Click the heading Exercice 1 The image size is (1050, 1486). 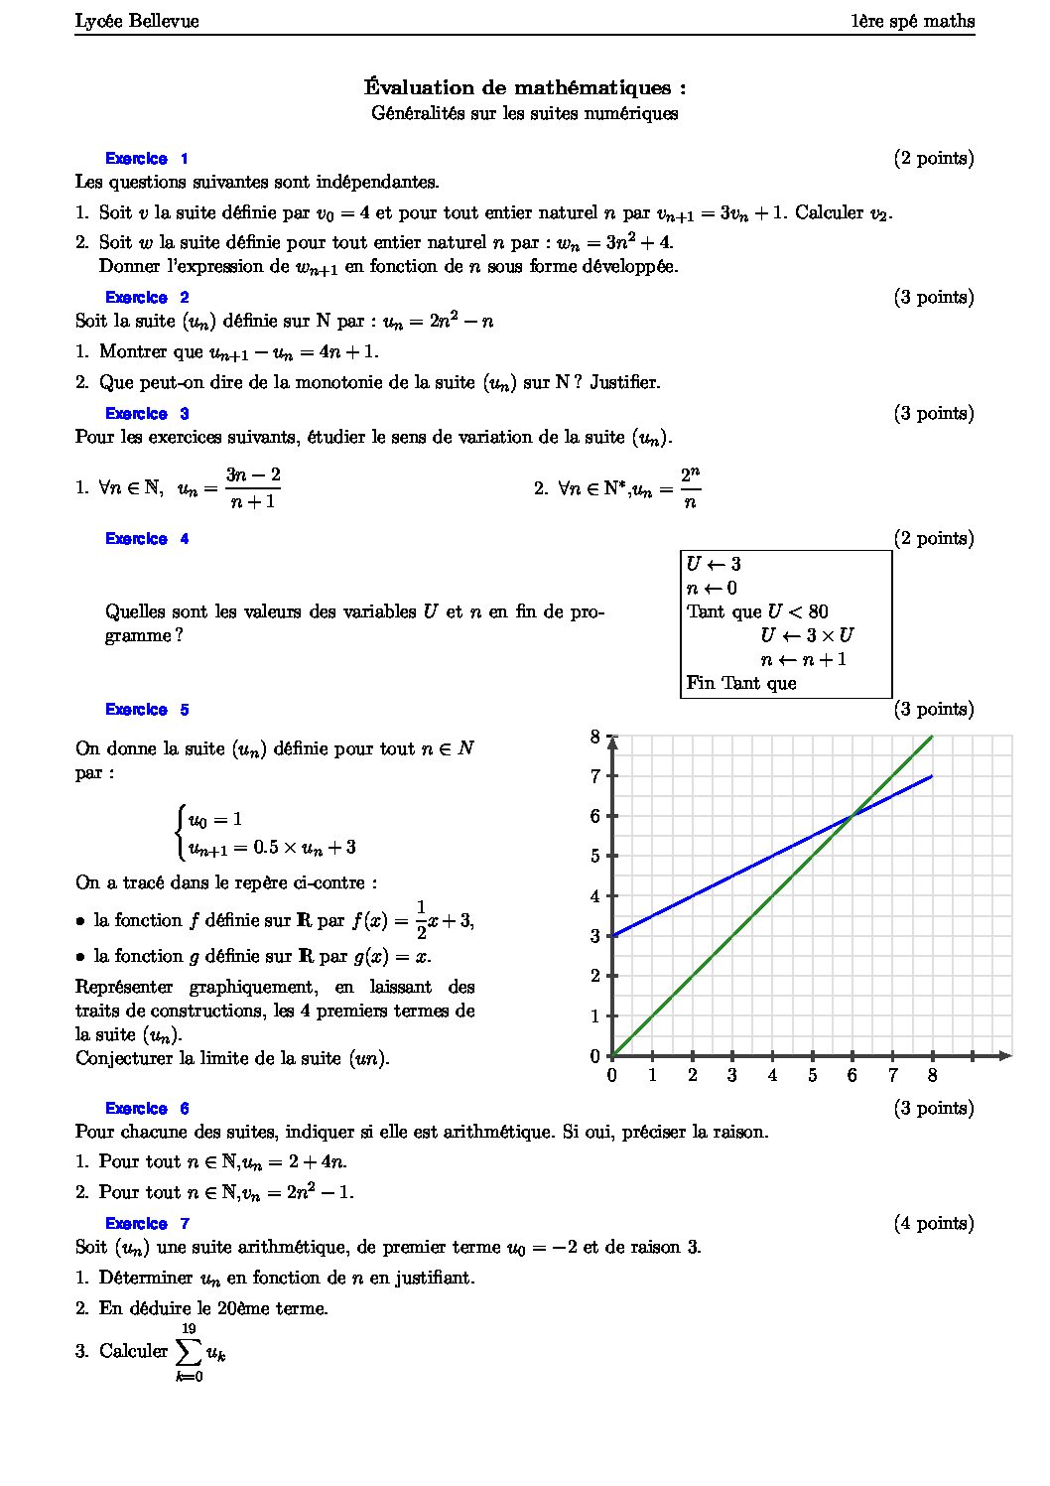point(146,159)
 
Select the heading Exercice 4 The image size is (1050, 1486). point(146,539)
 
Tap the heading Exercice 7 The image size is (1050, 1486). point(146,1224)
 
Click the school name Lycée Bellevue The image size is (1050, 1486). point(137,21)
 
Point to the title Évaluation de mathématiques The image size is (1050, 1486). point(525,87)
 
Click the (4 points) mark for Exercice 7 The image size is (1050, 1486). point(933,1224)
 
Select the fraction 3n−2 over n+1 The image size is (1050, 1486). point(252,488)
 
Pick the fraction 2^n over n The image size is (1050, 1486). point(691,488)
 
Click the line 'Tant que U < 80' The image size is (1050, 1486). point(757,611)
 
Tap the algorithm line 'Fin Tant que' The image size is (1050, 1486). point(741,683)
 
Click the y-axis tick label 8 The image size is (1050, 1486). point(595,737)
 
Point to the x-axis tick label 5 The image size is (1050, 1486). point(812,1076)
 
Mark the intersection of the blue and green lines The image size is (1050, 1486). point(853,816)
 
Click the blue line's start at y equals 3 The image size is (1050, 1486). point(613,935)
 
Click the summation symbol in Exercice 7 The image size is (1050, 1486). point(189,1351)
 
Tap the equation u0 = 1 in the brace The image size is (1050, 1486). point(215,820)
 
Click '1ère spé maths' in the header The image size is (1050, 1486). point(912,21)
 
